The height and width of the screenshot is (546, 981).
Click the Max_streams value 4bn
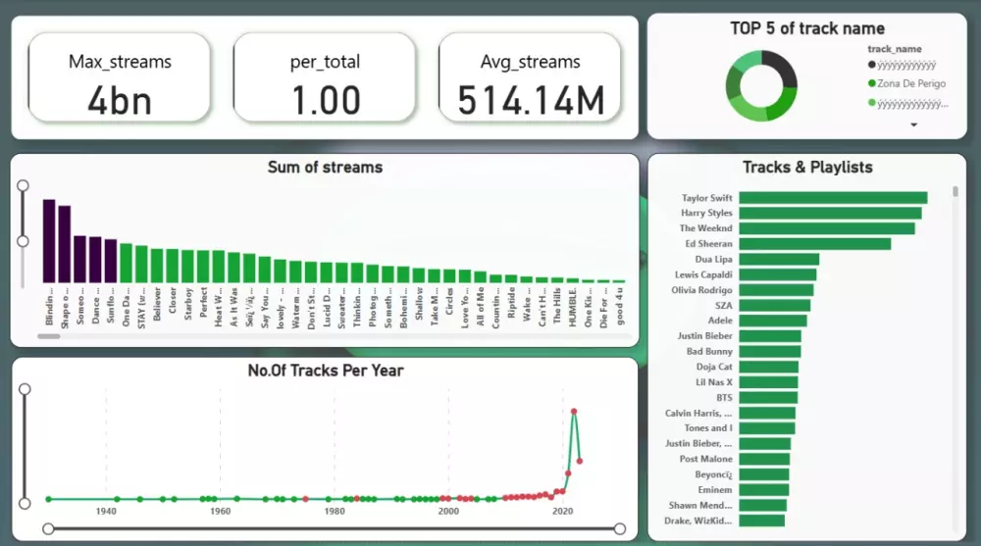pyautogui.click(x=119, y=99)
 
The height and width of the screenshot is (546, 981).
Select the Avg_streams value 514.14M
pyautogui.click(x=529, y=99)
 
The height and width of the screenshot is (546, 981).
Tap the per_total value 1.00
pyautogui.click(x=325, y=99)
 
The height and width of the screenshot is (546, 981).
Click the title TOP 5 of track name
pyautogui.click(x=806, y=28)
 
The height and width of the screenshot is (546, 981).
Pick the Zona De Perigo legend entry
pyautogui.click(x=911, y=83)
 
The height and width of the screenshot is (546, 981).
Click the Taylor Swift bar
pyautogui.click(x=832, y=198)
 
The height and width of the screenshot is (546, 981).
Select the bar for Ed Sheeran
pyautogui.click(x=814, y=243)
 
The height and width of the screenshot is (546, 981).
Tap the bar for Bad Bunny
pyautogui.click(x=769, y=351)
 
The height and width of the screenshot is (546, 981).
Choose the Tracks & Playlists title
pyautogui.click(x=806, y=168)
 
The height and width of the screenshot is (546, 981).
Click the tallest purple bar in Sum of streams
pyautogui.click(x=49, y=240)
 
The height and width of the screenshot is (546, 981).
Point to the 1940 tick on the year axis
pyautogui.click(x=106, y=511)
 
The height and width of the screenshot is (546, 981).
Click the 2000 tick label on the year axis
pyautogui.click(x=448, y=511)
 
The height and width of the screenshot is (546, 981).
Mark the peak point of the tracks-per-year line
pyautogui.click(x=573, y=412)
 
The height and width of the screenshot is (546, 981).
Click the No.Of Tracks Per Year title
pyautogui.click(x=325, y=371)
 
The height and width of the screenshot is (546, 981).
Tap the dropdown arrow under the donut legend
pyautogui.click(x=914, y=125)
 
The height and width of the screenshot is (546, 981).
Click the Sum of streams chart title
pyautogui.click(x=325, y=168)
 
